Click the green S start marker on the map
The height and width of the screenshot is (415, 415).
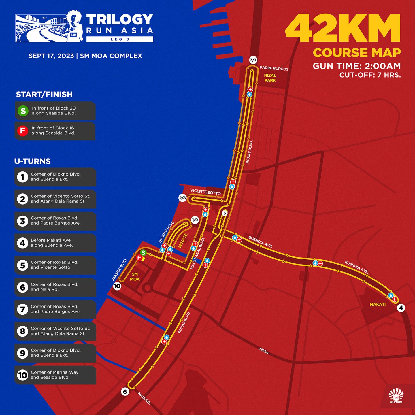tap(143, 253)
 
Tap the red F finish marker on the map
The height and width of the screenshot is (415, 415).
tap(139, 258)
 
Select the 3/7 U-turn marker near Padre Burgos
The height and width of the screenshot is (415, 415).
tap(253, 60)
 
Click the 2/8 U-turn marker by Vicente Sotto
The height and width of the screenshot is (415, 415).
tap(182, 198)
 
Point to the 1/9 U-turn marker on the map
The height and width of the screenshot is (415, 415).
tap(195, 220)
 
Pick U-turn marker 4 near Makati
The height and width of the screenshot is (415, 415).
tap(401, 308)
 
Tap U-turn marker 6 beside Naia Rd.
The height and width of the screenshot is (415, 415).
tap(125, 392)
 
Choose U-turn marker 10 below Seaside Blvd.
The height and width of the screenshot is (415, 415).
tap(117, 286)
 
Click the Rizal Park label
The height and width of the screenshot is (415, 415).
tap(270, 78)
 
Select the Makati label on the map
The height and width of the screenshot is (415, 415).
tap(378, 304)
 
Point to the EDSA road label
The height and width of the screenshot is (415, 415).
tap(264, 351)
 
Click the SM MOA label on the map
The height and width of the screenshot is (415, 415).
tap(135, 277)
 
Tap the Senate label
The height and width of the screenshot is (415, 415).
tap(183, 241)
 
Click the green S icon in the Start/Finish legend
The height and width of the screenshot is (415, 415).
tap(23, 111)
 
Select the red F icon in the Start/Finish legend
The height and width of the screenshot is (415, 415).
tap(23, 131)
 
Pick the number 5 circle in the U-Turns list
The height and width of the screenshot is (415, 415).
tap(22, 265)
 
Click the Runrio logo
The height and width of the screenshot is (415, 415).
tap(396, 396)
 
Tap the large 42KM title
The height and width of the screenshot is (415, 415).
tap(343, 28)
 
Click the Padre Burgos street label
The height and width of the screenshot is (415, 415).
tap(274, 68)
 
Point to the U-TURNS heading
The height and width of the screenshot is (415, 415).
tap(32, 161)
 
